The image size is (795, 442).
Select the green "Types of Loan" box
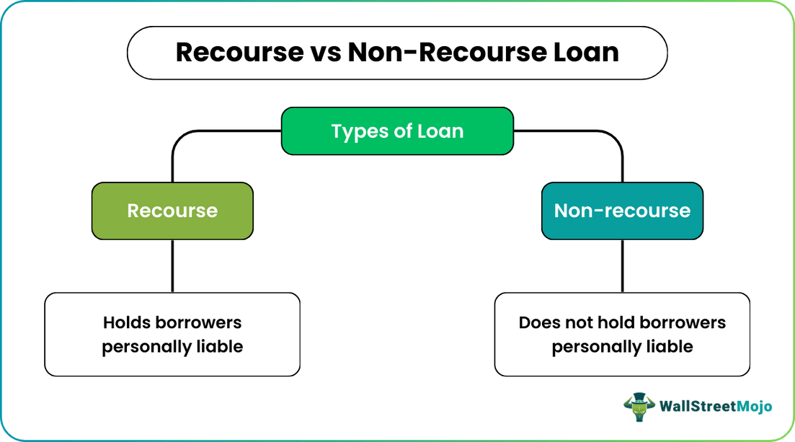click(x=397, y=131)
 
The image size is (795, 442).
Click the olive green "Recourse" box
click(x=172, y=211)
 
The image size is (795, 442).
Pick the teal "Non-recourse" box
click(x=622, y=211)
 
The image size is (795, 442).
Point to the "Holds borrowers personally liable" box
click(x=172, y=334)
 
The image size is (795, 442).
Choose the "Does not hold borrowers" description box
click(x=622, y=334)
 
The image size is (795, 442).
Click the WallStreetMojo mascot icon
click(x=638, y=407)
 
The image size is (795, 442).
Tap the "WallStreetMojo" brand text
click(x=716, y=407)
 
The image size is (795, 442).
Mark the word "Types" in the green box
click(x=355, y=131)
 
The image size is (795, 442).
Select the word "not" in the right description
click(x=581, y=322)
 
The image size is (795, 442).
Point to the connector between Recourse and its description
click(x=172, y=265)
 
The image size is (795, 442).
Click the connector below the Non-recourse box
click(x=622, y=265)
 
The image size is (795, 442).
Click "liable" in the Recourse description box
click(x=219, y=347)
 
